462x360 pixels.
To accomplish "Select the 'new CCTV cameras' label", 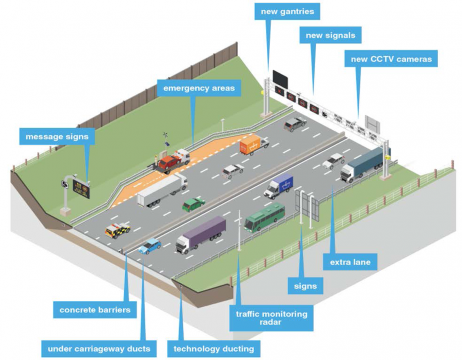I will pos(391,59).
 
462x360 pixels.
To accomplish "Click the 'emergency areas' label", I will pos(199,88).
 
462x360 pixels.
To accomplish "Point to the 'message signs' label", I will pos(57,137).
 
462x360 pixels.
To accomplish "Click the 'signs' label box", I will pos(305,286).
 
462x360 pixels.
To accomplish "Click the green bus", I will pos(264,216).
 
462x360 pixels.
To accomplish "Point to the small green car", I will pos(194,204).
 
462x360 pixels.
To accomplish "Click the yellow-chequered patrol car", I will pos(117,230).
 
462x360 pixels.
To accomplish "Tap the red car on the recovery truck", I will pos(168,162).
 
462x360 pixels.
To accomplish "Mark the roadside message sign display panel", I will pos(81,189).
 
